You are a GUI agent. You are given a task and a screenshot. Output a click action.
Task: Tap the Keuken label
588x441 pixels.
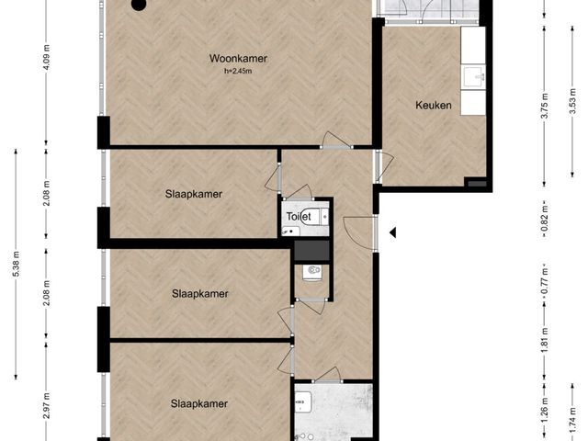[x=433, y=106]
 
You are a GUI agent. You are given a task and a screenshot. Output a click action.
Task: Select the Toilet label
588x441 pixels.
[x=299, y=217]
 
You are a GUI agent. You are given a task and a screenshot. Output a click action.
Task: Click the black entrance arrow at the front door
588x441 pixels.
[x=392, y=232]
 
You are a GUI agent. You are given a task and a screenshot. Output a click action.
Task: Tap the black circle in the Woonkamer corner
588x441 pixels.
[x=138, y=5]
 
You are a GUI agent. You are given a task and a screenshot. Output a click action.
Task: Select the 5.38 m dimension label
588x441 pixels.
[x=17, y=264]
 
